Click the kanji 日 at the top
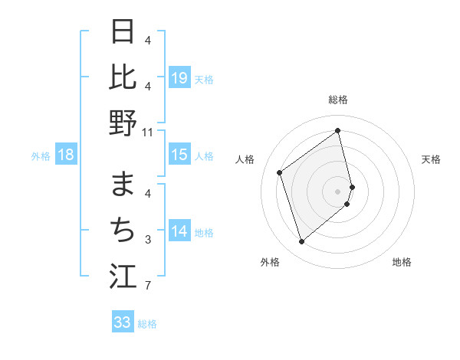point(123,31)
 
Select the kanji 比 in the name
point(123,77)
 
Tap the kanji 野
point(123,123)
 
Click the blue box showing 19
point(179,77)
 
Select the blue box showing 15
point(179,155)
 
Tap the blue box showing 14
point(179,231)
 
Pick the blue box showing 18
point(66,155)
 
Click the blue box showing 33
point(123,322)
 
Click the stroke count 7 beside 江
point(147,286)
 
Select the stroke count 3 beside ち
point(147,240)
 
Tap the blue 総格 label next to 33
point(147,324)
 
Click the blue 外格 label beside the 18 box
point(41,156)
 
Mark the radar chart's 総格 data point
point(338,131)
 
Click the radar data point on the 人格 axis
point(280,173)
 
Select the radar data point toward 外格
point(301,242)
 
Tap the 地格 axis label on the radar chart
point(402,262)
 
